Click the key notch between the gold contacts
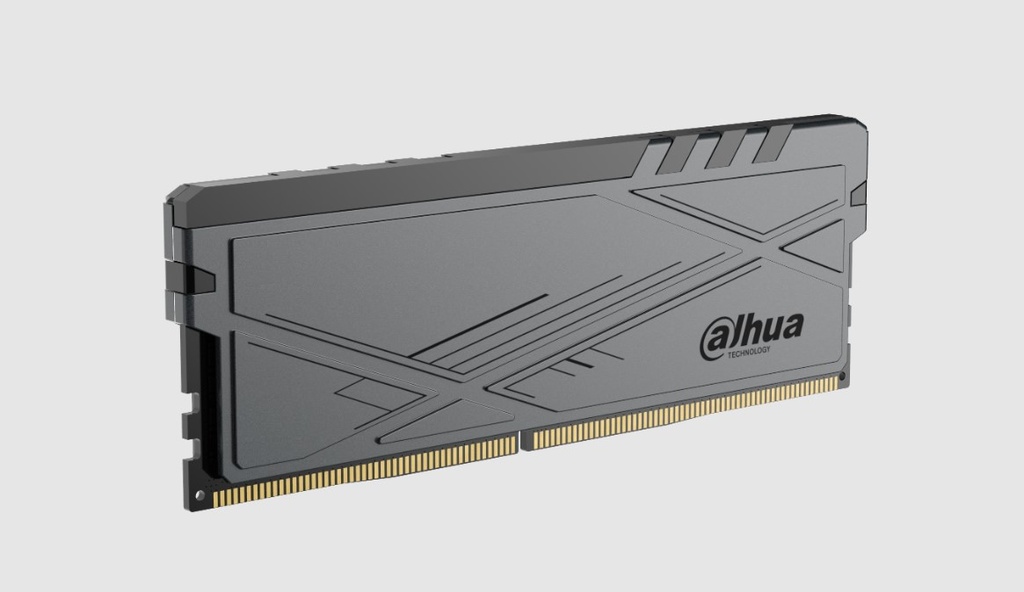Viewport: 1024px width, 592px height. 524,441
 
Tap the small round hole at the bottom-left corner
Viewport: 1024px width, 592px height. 199,495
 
